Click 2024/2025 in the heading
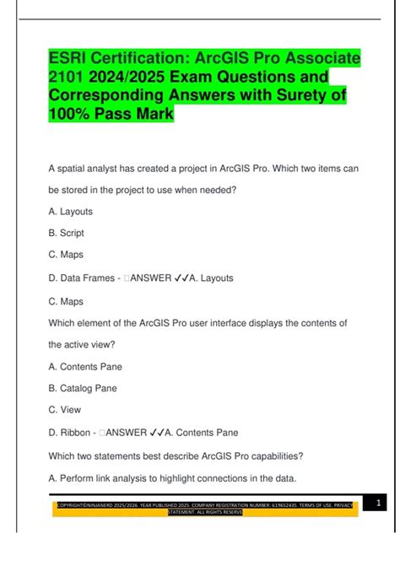(139, 78)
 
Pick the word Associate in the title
(318, 59)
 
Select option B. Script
(67, 233)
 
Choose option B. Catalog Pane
(83, 389)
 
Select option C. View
(64, 411)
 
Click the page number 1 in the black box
(379, 504)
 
